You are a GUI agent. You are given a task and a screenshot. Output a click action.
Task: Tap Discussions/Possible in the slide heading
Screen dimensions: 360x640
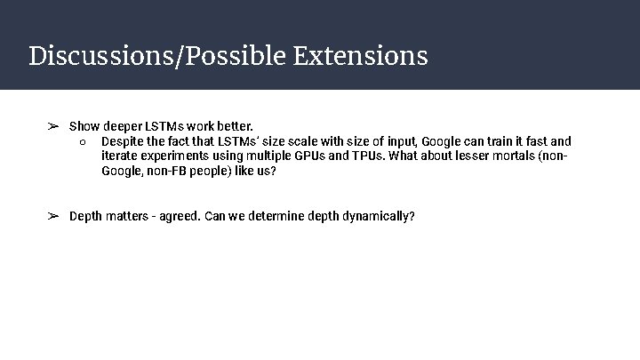(x=156, y=57)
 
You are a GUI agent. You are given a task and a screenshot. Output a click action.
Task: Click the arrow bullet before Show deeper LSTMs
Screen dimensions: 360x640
(x=53, y=126)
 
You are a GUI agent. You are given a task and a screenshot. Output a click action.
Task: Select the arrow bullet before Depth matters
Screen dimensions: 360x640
(x=53, y=216)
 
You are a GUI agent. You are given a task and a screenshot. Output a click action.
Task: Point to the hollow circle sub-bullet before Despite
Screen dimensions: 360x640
(x=81, y=141)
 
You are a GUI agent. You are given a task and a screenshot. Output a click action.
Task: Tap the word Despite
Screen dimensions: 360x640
(x=123, y=141)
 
